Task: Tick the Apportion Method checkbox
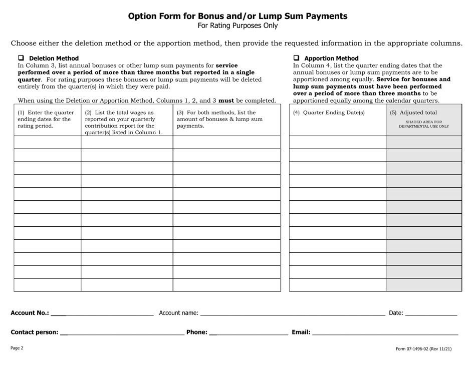pos(296,58)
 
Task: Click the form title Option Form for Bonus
pos(237,16)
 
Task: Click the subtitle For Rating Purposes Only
pos(237,26)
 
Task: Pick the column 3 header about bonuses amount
pos(226,119)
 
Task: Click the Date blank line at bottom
pos(431,313)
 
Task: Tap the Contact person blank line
pos(123,332)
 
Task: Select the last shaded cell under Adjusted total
pos(423,284)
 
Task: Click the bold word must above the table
pos(226,100)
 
